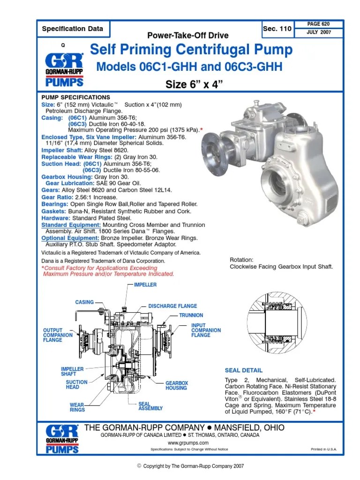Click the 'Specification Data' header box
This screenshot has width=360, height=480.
(x=73, y=29)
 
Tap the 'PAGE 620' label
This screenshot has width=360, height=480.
(x=319, y=23)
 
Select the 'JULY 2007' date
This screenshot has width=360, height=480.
(x=319, y=32)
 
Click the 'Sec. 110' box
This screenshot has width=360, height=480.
(x=277, y=29)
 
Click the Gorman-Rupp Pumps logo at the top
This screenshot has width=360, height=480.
(x=64, y=70)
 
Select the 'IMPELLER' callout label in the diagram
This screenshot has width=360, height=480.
(x=145, y=285)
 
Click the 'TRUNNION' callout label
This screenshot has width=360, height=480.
(x=191, y=315)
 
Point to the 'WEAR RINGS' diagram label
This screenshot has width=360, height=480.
(x=77, y=407)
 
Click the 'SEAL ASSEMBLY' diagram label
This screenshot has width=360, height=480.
(x=150, y=406)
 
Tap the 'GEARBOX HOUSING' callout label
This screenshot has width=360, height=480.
(x=176, y=385)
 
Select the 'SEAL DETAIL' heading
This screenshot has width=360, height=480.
(x=244, y=370)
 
